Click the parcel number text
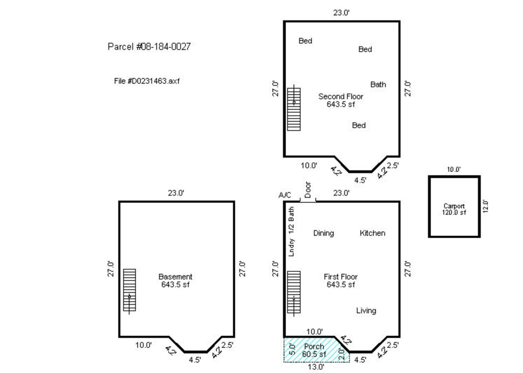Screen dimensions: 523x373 tap(149, 46)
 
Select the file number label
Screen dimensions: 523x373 tap(147, 81)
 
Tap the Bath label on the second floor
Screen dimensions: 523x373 tap(378, 84)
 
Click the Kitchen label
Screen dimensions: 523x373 tap(372, 233)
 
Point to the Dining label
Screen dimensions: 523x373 tap(323, 233)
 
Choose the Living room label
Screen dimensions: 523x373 tap(366, 311)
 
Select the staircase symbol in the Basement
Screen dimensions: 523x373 tap(129, 291)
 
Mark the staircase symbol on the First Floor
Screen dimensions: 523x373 tap(294, 293)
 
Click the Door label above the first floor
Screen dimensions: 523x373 tap(308, 190)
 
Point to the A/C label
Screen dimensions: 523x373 tap(285, 195)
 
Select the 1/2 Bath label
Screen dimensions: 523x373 tap(292, 221)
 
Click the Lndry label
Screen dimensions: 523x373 tap(292, 247)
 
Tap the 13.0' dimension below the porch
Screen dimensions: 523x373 tap(316, 367)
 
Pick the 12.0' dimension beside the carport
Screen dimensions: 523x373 tap(485, 206)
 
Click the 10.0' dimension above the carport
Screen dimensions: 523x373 tap(454, 170)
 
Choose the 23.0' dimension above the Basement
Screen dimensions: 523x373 tap(176, 193)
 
